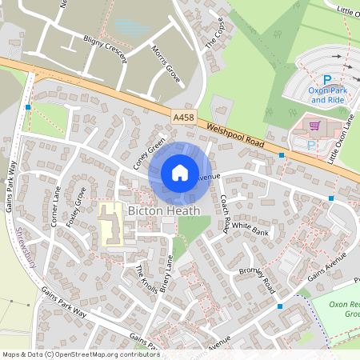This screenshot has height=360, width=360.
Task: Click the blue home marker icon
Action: [x=180, y=172]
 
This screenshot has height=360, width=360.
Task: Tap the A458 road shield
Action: [x=183, y=117]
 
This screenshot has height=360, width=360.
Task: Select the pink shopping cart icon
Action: [x=314, y=126]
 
